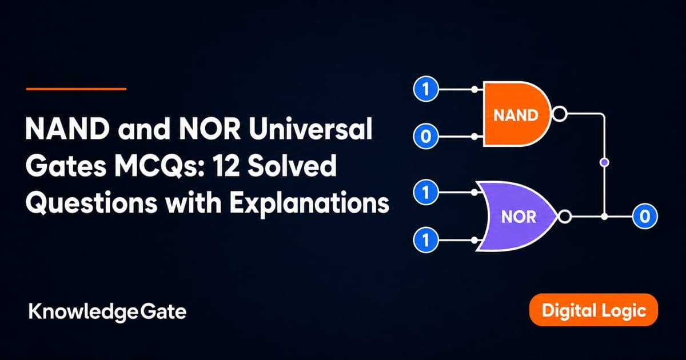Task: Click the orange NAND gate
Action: click(516, 114)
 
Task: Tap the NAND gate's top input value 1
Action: click(426, 89)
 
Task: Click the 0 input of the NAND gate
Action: click(426, 136)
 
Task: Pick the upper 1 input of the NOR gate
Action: click(426, 192)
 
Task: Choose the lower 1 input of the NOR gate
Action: click(426, 239)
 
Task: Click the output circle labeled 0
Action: click(645, 217)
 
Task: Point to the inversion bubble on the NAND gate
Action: click(560, 114)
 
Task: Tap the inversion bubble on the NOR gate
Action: click(565, 217)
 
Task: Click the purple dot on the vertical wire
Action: click(604, 162)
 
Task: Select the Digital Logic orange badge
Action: click(593, 310)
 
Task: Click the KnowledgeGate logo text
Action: click(107, 312)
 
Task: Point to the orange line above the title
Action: click(76, 89)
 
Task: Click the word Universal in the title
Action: click(310, 129)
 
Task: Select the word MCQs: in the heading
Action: click(160, 166)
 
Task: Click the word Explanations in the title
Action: click(309, 203)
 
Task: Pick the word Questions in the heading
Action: click(91, 202)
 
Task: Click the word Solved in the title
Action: click(292, 165)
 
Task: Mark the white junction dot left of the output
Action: click(604, 217)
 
